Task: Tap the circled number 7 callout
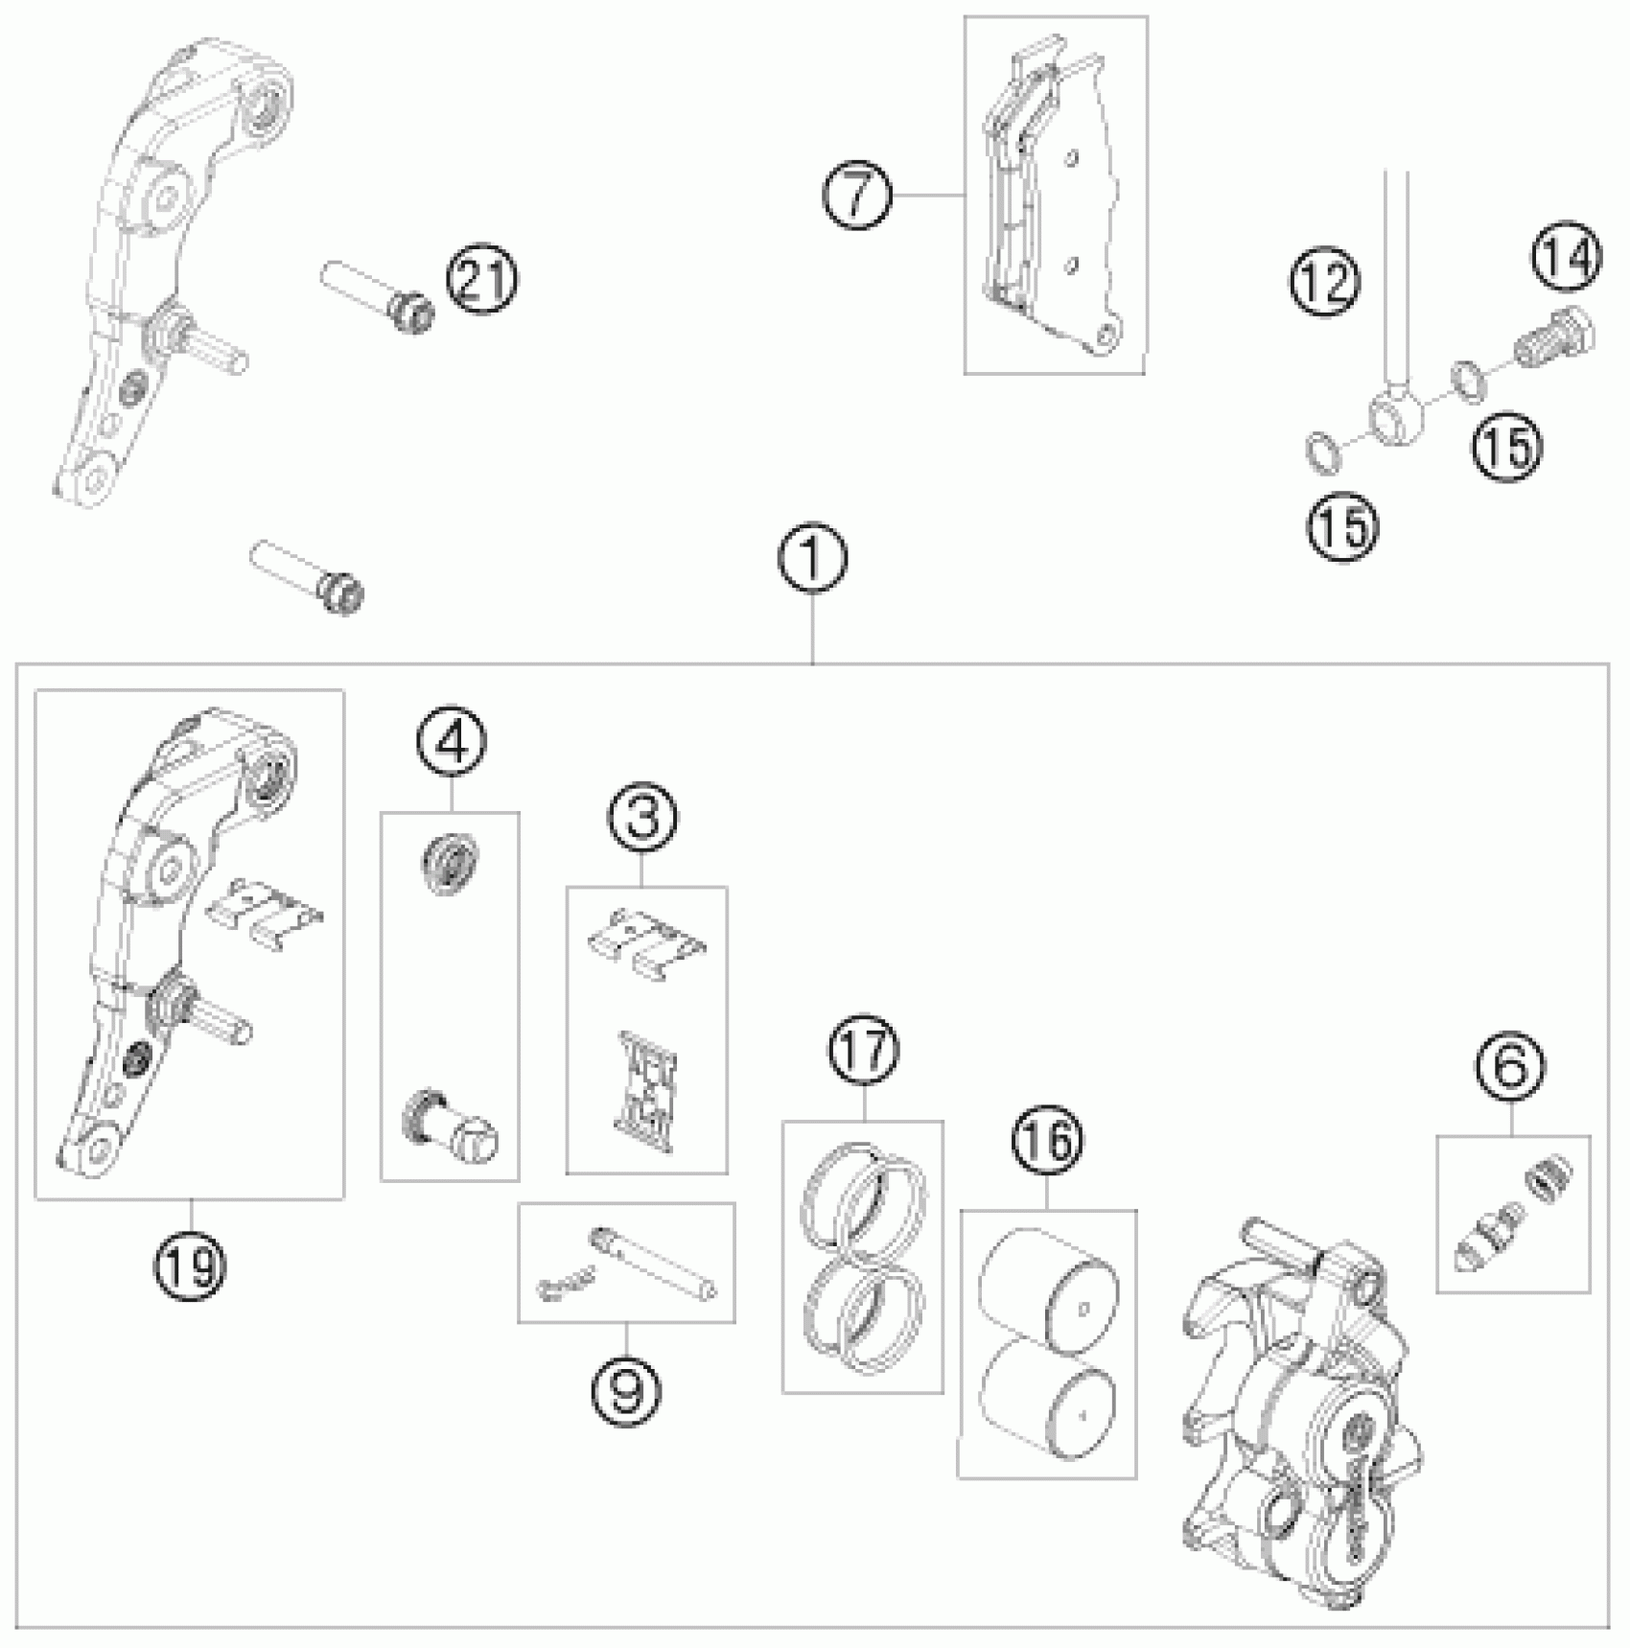857,195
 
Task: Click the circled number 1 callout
812,559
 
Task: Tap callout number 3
641,818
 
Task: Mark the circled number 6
1510,1065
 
